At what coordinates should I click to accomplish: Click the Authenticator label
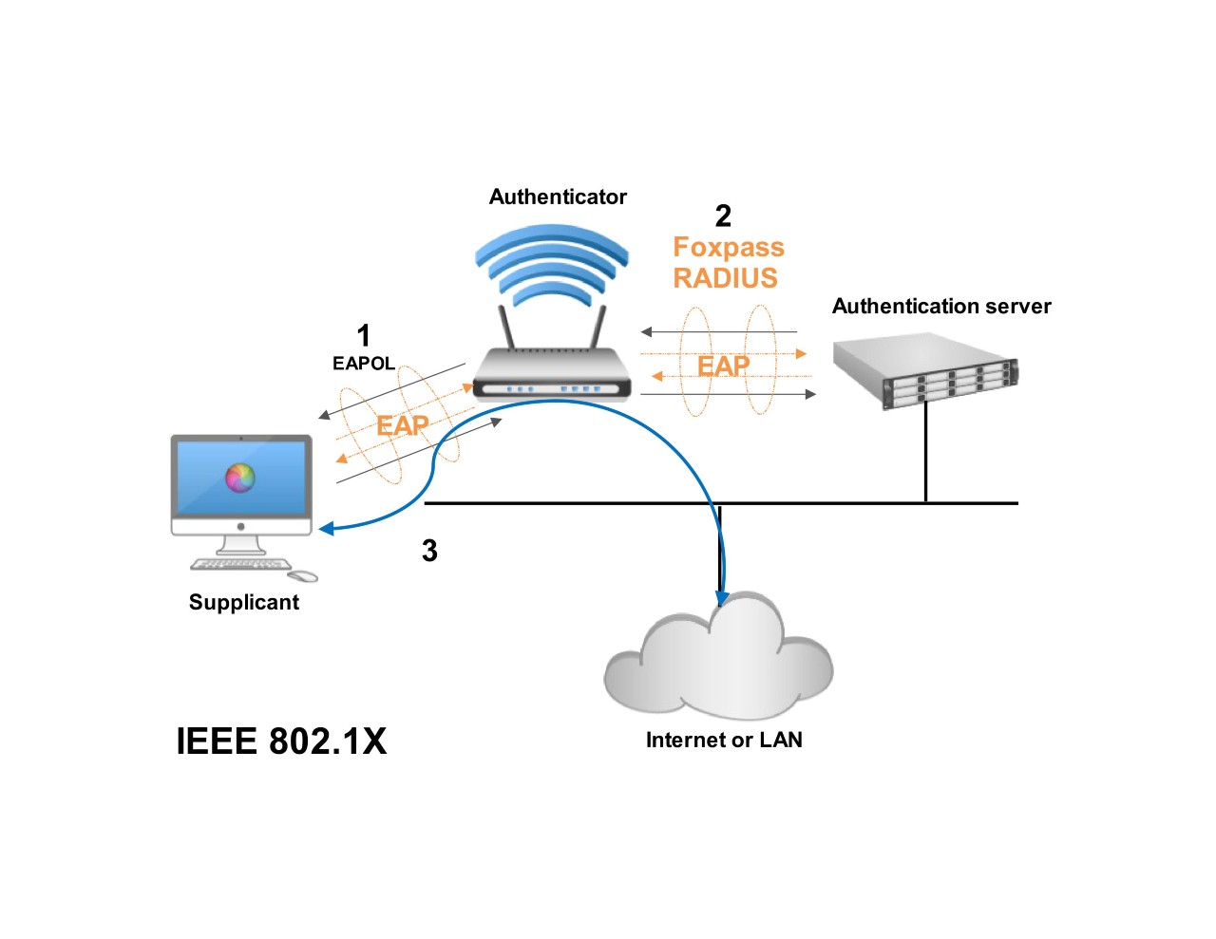coord(558,197)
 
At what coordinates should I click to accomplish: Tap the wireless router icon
coord(552,370)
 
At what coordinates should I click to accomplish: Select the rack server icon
coord(924,369)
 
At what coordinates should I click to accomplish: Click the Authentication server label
coord(941,306)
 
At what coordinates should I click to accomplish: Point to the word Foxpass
coord(729,247)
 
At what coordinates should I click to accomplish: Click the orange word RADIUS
coord(725,278)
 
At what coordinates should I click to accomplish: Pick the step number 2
coord(723,216)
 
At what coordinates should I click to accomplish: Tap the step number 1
coord(363,334)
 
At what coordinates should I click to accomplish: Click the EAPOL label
coord(363,364)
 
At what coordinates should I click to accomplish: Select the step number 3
coord(429,551)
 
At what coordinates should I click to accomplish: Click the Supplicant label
coord(244,602)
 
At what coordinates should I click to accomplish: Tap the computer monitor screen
coord(241,479)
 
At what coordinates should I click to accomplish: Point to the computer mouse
coord(303,575)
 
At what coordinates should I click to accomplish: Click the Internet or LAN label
coord(724,740)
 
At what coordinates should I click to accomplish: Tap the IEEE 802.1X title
coord(281,742)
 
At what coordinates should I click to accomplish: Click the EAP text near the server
coord(724,366)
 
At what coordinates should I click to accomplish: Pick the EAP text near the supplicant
coord(402,425)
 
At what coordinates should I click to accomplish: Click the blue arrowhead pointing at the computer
coord(326,529)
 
